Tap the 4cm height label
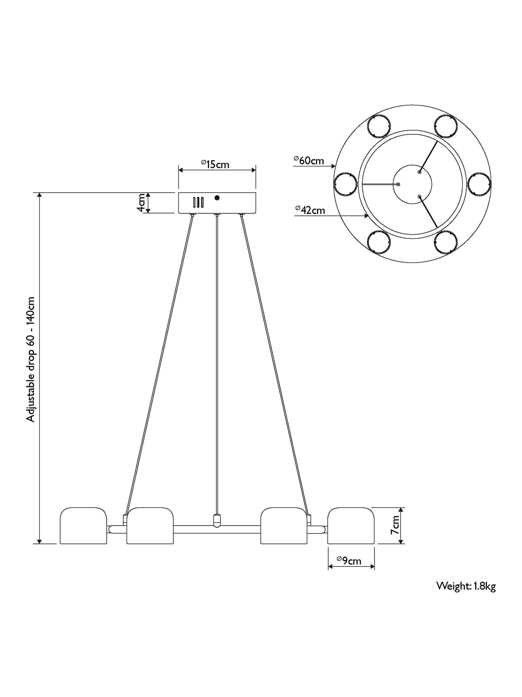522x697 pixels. [142, 203]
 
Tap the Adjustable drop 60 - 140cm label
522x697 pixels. [31, 359]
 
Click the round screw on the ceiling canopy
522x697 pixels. [216, 198]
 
